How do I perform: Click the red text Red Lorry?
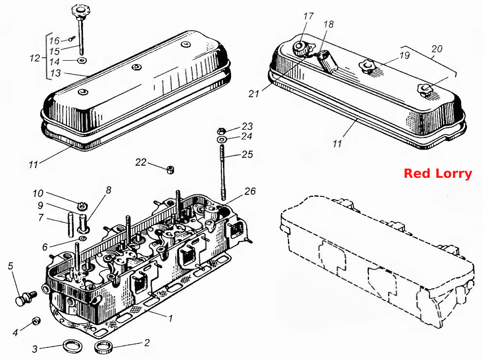pos(438,173)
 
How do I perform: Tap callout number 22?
pos(141,162)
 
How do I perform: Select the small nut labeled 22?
pos(170,170)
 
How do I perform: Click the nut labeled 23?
pos(221,131)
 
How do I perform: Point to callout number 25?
pos(248,154)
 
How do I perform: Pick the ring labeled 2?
pos(103,347)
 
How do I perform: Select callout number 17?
pos(308,16)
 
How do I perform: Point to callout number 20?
pos(437,49)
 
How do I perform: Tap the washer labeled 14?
pos(82,60)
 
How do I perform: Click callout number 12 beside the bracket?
pos(35,58)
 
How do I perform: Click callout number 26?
pos(250,191)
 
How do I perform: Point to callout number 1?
pos(170,318)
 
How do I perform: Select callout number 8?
pos(108,190)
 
